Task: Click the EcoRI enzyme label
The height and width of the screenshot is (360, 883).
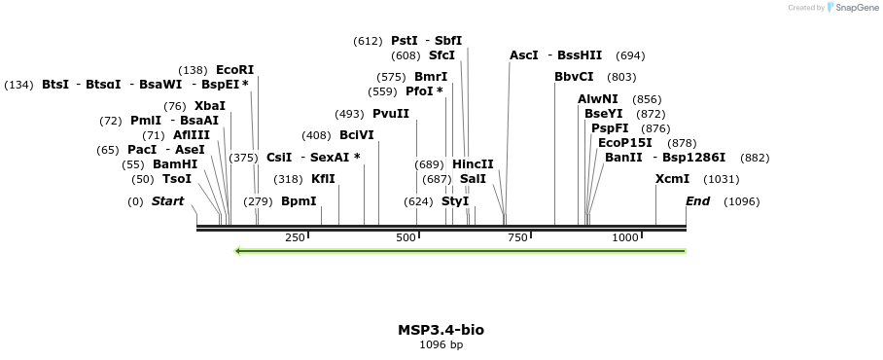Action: coord(234,70)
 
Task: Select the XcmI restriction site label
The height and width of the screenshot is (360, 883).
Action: coord(672,179)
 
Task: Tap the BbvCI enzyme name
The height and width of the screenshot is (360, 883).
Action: coord(574,77)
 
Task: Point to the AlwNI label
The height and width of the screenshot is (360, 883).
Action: coord(597,99)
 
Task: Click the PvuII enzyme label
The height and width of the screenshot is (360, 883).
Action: coord(391,114)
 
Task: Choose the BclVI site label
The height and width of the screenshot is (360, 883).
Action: coord(356,135)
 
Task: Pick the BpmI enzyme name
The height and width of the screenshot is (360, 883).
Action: coord(299,201)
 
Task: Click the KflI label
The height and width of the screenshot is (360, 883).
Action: coord(323,179)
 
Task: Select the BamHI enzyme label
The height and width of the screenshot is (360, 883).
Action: coord(175,164)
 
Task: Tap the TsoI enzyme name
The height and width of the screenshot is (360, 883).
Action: coord(177,179)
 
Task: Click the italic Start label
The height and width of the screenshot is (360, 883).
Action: coord(167,201)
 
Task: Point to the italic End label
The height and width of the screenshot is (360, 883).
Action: coord(697,201)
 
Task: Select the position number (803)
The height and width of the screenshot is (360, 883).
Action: coord(621,77)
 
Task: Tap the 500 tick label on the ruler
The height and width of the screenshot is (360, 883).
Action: coord(406,238)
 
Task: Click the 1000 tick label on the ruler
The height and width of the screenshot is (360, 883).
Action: coord(625,238)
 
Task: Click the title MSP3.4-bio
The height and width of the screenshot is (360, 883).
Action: coord(441,330)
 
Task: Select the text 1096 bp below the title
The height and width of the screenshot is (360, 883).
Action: coord(441,344)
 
